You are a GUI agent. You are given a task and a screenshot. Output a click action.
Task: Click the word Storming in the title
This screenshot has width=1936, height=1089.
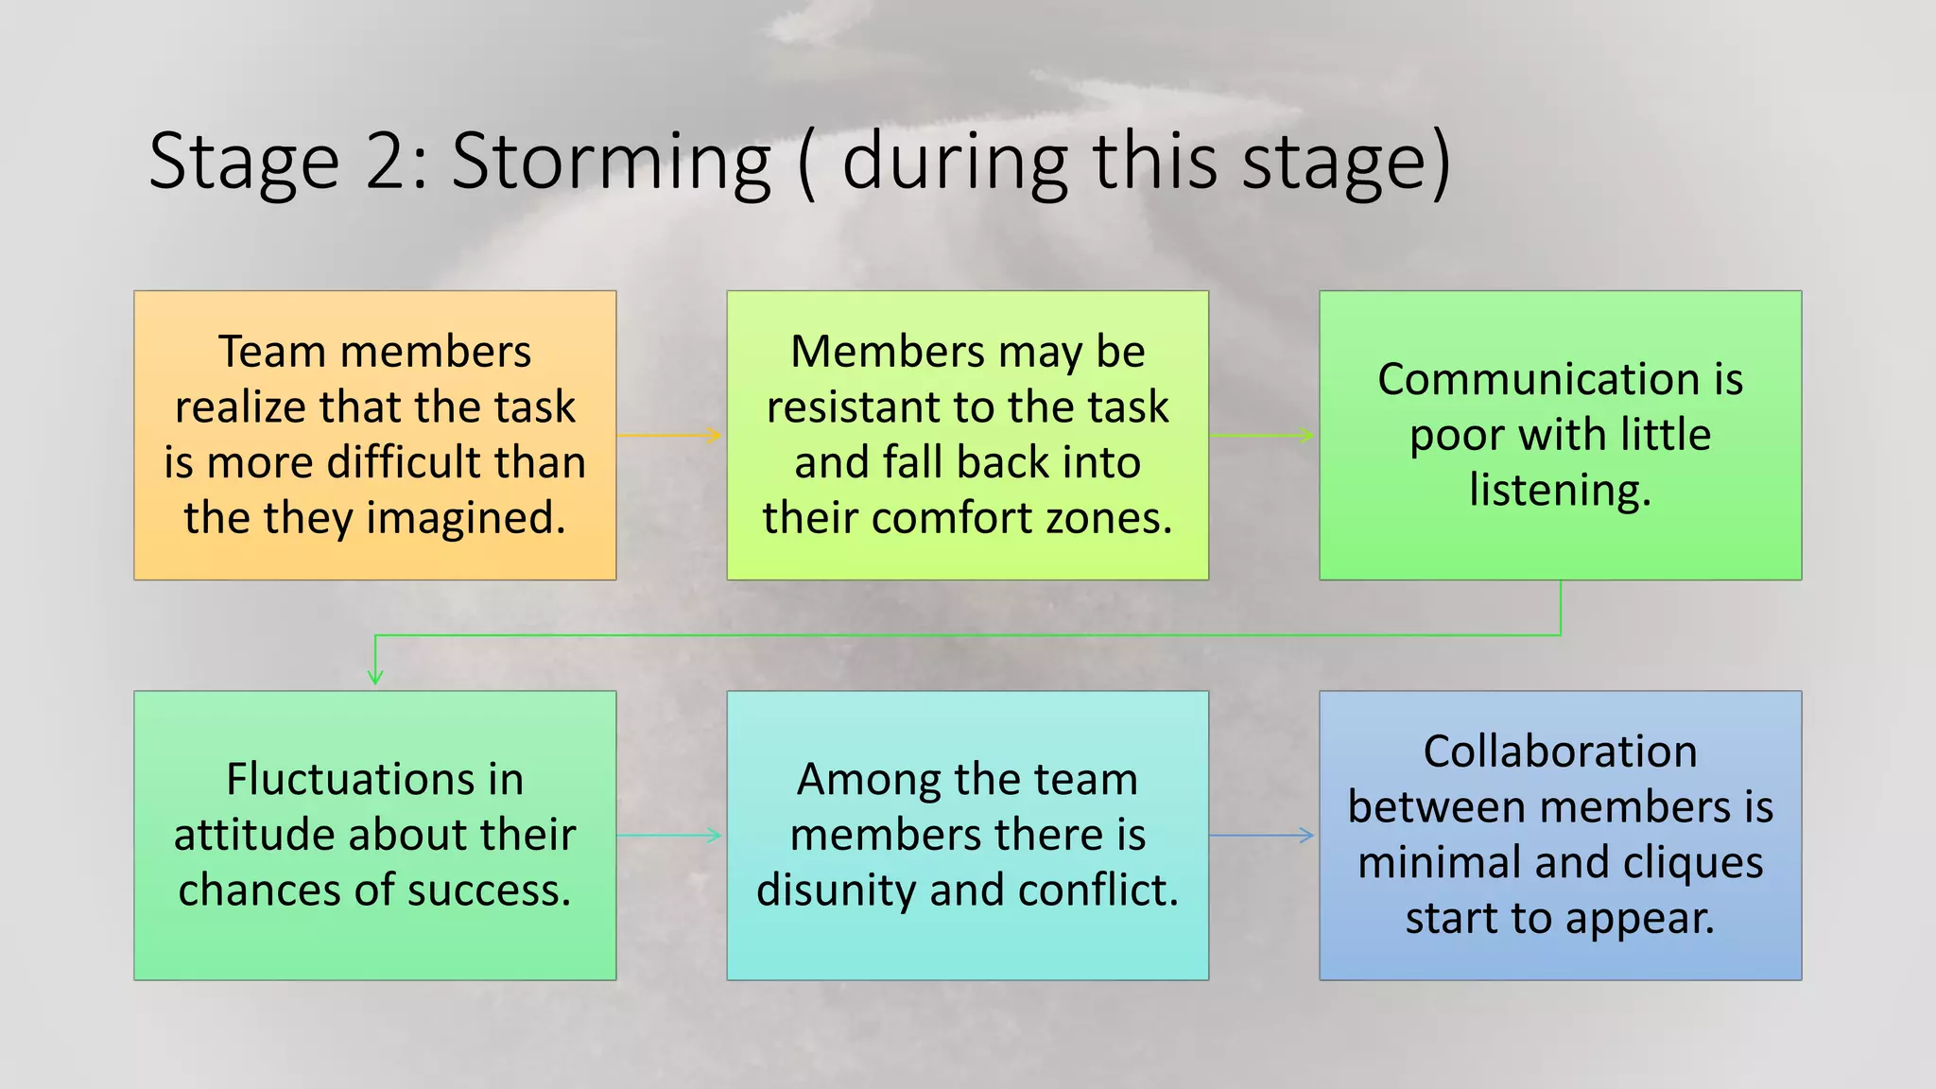point(611,163)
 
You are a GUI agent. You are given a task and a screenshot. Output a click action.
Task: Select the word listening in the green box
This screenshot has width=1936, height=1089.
point(1560,491)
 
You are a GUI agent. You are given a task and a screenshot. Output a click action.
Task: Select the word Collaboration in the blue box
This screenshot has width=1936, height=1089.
point(1560,752)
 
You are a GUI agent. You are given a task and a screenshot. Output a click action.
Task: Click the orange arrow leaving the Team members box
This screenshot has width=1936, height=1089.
point(669,436)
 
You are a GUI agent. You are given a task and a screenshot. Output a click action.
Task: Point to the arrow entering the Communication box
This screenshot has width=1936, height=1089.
point(1262,436)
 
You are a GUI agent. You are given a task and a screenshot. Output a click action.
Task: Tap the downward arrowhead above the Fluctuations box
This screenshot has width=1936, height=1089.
point(375,675)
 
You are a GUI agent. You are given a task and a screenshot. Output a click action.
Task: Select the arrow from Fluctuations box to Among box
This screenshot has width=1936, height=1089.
point(669,836)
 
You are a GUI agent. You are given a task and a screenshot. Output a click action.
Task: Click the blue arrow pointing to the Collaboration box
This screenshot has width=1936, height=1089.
point(1262,836)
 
